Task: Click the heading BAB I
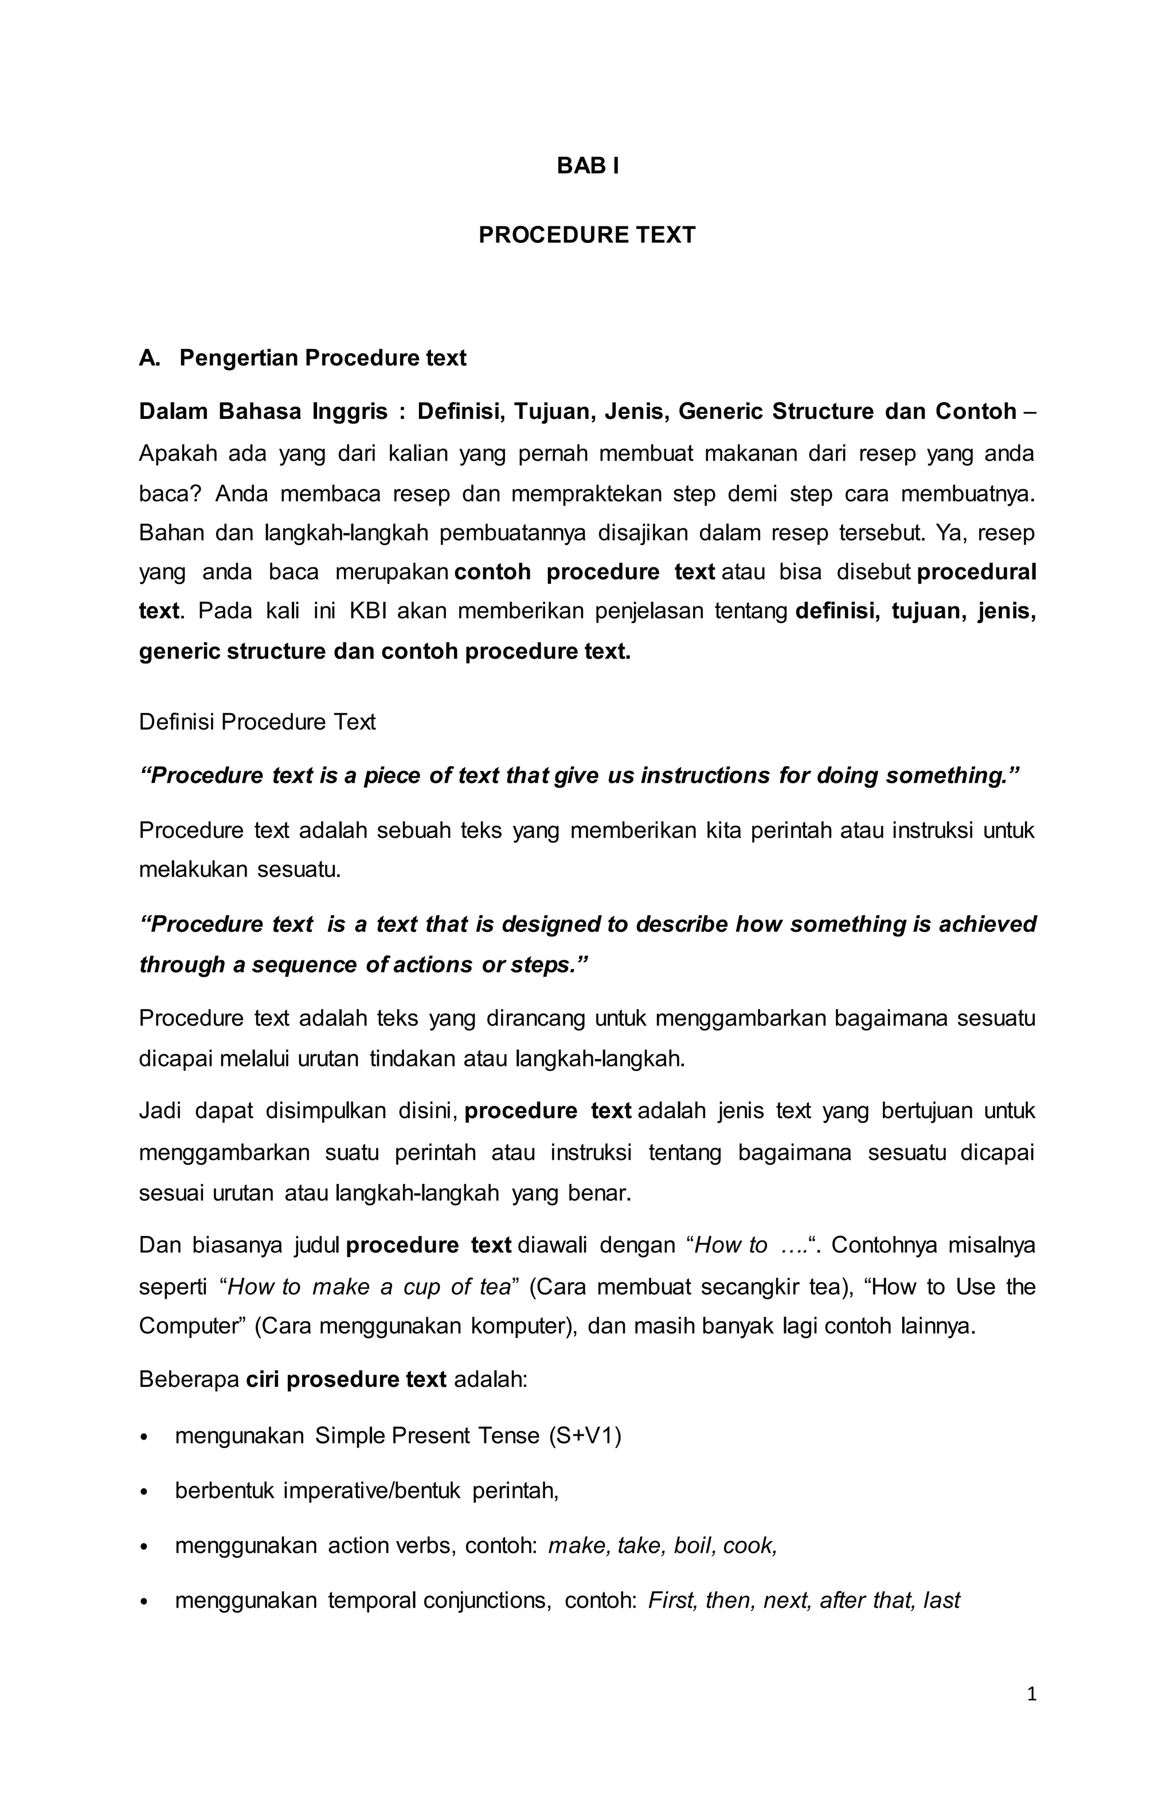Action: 587,166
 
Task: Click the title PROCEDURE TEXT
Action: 587,235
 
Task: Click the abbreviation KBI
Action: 367,610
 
